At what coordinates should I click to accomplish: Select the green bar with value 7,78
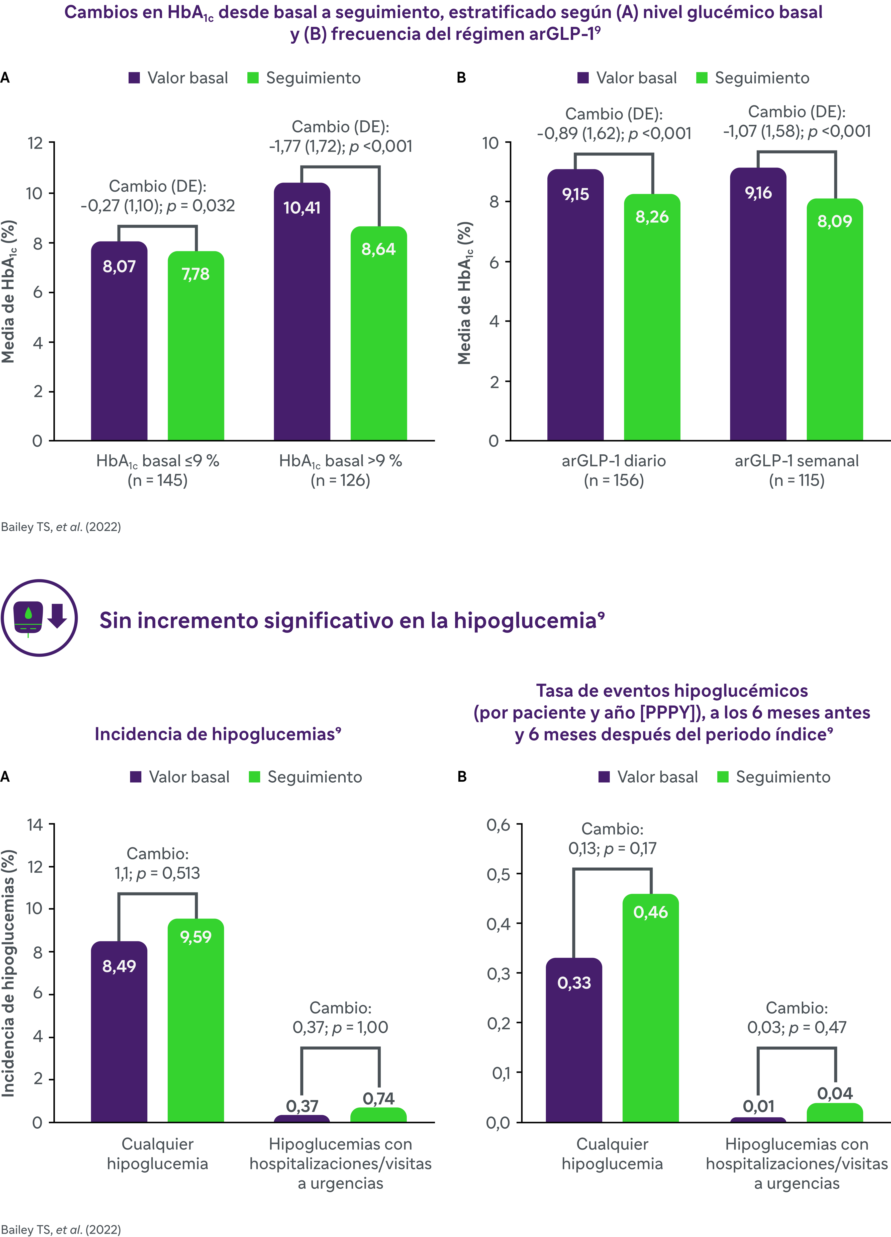[196, 346]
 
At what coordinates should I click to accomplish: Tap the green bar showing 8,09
[835, 320]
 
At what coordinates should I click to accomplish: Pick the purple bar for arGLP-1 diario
[575, 305]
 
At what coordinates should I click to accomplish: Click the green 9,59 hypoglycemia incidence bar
[196, 1021]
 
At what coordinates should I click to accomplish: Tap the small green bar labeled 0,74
[378, 1115]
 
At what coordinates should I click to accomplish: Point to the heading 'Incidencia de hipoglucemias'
[218, 734]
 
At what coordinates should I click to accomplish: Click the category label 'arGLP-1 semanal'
[797, 461]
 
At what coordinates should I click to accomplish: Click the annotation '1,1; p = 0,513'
[157, 873]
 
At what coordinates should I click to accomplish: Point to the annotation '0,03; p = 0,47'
[797, 1028]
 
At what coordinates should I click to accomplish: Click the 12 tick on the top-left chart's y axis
[35, 143]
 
